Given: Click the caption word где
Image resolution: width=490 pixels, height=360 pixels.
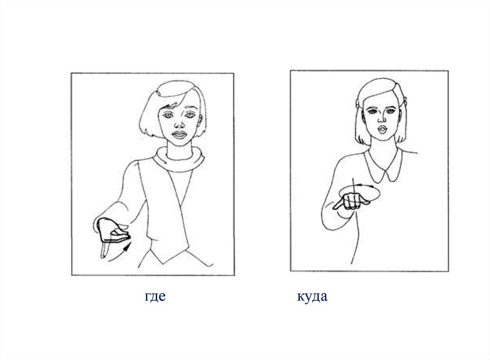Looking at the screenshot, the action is tap(155, 296).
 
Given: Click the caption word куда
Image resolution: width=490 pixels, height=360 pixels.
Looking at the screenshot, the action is tap(312, 296).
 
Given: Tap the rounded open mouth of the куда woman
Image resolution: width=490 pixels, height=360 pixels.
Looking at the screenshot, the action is tap(381, 129).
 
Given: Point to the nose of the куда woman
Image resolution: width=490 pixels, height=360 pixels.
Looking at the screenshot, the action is tap(381, 119).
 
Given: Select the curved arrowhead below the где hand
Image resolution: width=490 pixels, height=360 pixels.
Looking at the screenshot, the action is tap(126, 249).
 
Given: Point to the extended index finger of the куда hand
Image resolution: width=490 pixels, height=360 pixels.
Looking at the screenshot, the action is tap(338, 205).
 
